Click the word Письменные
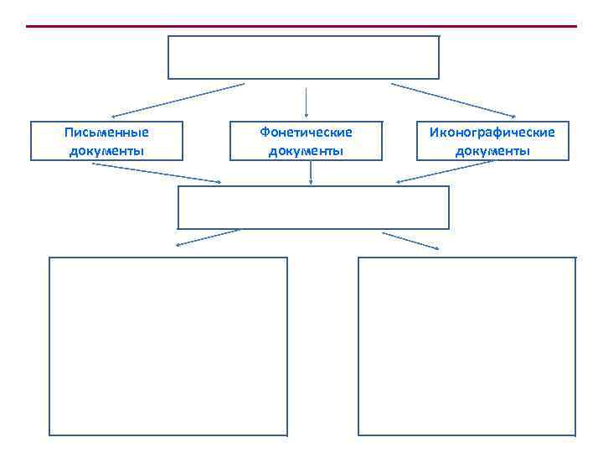coord(106,132)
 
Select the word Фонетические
coord(306,132)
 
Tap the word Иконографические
coord(492,132)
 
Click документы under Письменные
coord(106,151)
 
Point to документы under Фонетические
coord(306,151)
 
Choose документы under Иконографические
coord(492,151)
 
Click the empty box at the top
coord(303,57)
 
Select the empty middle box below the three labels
coord(313,207)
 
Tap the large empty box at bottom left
coord(168,346)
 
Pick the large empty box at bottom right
coord(466,346)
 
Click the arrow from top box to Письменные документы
coord(178,100)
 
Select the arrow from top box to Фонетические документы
coord(307,101)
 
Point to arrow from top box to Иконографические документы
coord(453,100)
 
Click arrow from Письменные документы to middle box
coord(157,173)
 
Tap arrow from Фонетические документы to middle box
coord(311,172)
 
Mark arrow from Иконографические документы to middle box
coord(444,172)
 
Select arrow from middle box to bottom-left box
coord(208,237)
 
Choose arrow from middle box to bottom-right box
coord(410,240)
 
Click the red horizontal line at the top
coord(301,26)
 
